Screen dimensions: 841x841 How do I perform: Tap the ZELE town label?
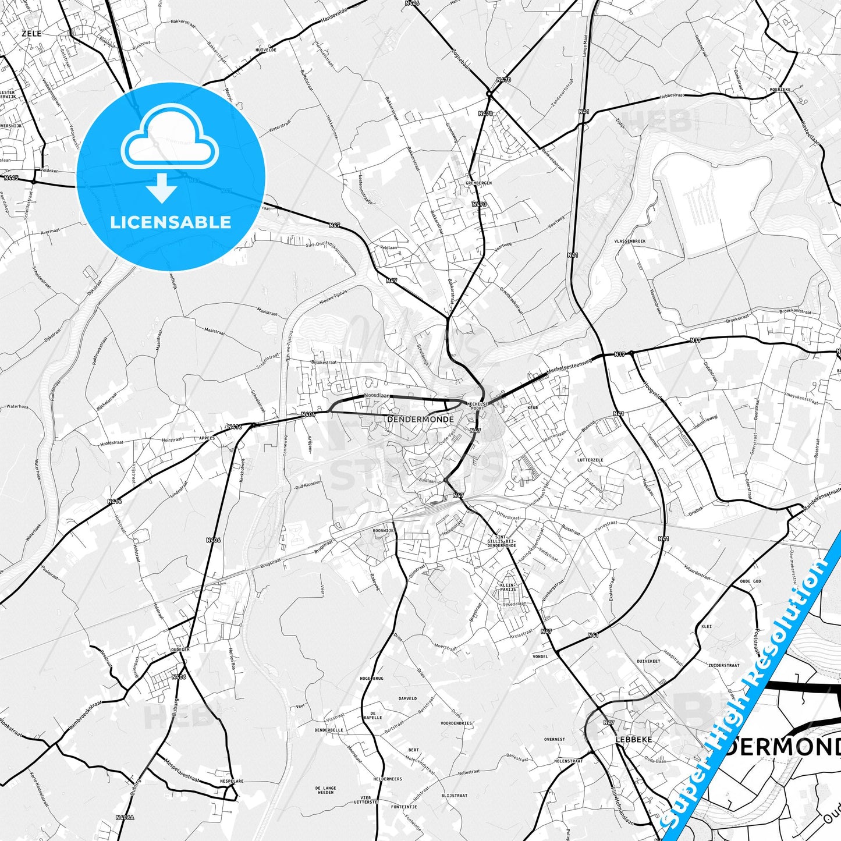(x=31, y=34)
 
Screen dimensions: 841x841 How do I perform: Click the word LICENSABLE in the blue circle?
(x=171, y=222)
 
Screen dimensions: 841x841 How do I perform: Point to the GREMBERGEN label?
(x=478, y=183)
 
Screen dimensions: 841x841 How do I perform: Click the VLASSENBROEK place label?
(x=630, y=241)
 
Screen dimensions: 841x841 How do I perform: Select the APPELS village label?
(x=207, y=438)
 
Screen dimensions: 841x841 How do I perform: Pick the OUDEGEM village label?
(x=180, y=650)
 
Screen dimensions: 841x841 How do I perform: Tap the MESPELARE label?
(x=231, y=781)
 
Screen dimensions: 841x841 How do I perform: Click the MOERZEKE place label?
(x=780, y=90)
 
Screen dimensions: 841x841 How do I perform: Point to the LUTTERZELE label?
(x=590, y=460)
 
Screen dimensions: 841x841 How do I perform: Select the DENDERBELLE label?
(x=328, y=730)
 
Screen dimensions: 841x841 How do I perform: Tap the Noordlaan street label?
(x=377, y=395)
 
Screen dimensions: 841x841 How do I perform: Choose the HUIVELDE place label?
(x=265, y=50)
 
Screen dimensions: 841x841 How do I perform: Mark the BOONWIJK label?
(x=384, y=531)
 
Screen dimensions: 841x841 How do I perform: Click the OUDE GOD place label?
(x=750, y=581)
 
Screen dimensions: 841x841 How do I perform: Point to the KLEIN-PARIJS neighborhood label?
(x=508, y=587)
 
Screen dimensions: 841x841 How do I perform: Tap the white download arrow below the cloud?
(x=162, y=189)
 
